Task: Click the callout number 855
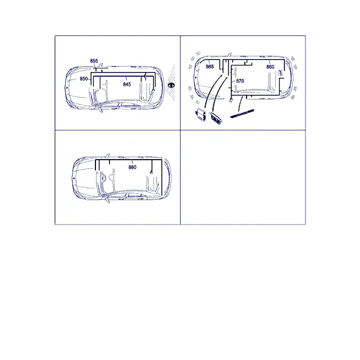(x=94, y=61)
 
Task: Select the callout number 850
(x=83, y=79)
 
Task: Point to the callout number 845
(x=127, y=85)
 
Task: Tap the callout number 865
(x=210, y=67)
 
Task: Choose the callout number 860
(x=270, y=67)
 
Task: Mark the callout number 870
(x=240, y=81)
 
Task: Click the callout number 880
(x=133, y=167)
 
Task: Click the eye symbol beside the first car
(x=171, y=85)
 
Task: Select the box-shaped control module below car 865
(x=200, y=115)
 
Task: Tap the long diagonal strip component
(x=242, y=113)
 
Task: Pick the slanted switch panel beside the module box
(x=215, y=118)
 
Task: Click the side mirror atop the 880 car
(x=107, y=156)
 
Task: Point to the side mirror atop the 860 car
(x=229, y=55)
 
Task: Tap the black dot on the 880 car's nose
(x=74, y=178)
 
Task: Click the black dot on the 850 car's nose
(x=67, y=88)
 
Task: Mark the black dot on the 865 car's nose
(x=196, y=77)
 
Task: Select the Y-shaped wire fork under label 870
(x=230, y=100)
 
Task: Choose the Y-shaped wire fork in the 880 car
(x=151, y=171)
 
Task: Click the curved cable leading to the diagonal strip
(x=241, y=104)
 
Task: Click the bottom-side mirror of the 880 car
(x=107, y=200)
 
